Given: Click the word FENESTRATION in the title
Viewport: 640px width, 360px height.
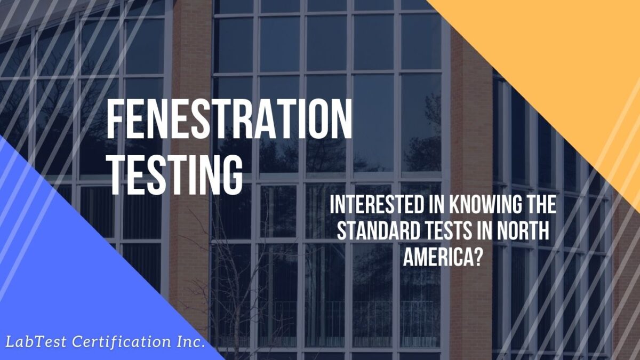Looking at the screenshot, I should click(x=229, y=121).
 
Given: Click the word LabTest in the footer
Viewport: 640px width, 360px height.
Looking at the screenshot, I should click(x=33, y=341).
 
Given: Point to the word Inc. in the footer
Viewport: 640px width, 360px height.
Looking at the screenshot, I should click(x=188, y=341).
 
